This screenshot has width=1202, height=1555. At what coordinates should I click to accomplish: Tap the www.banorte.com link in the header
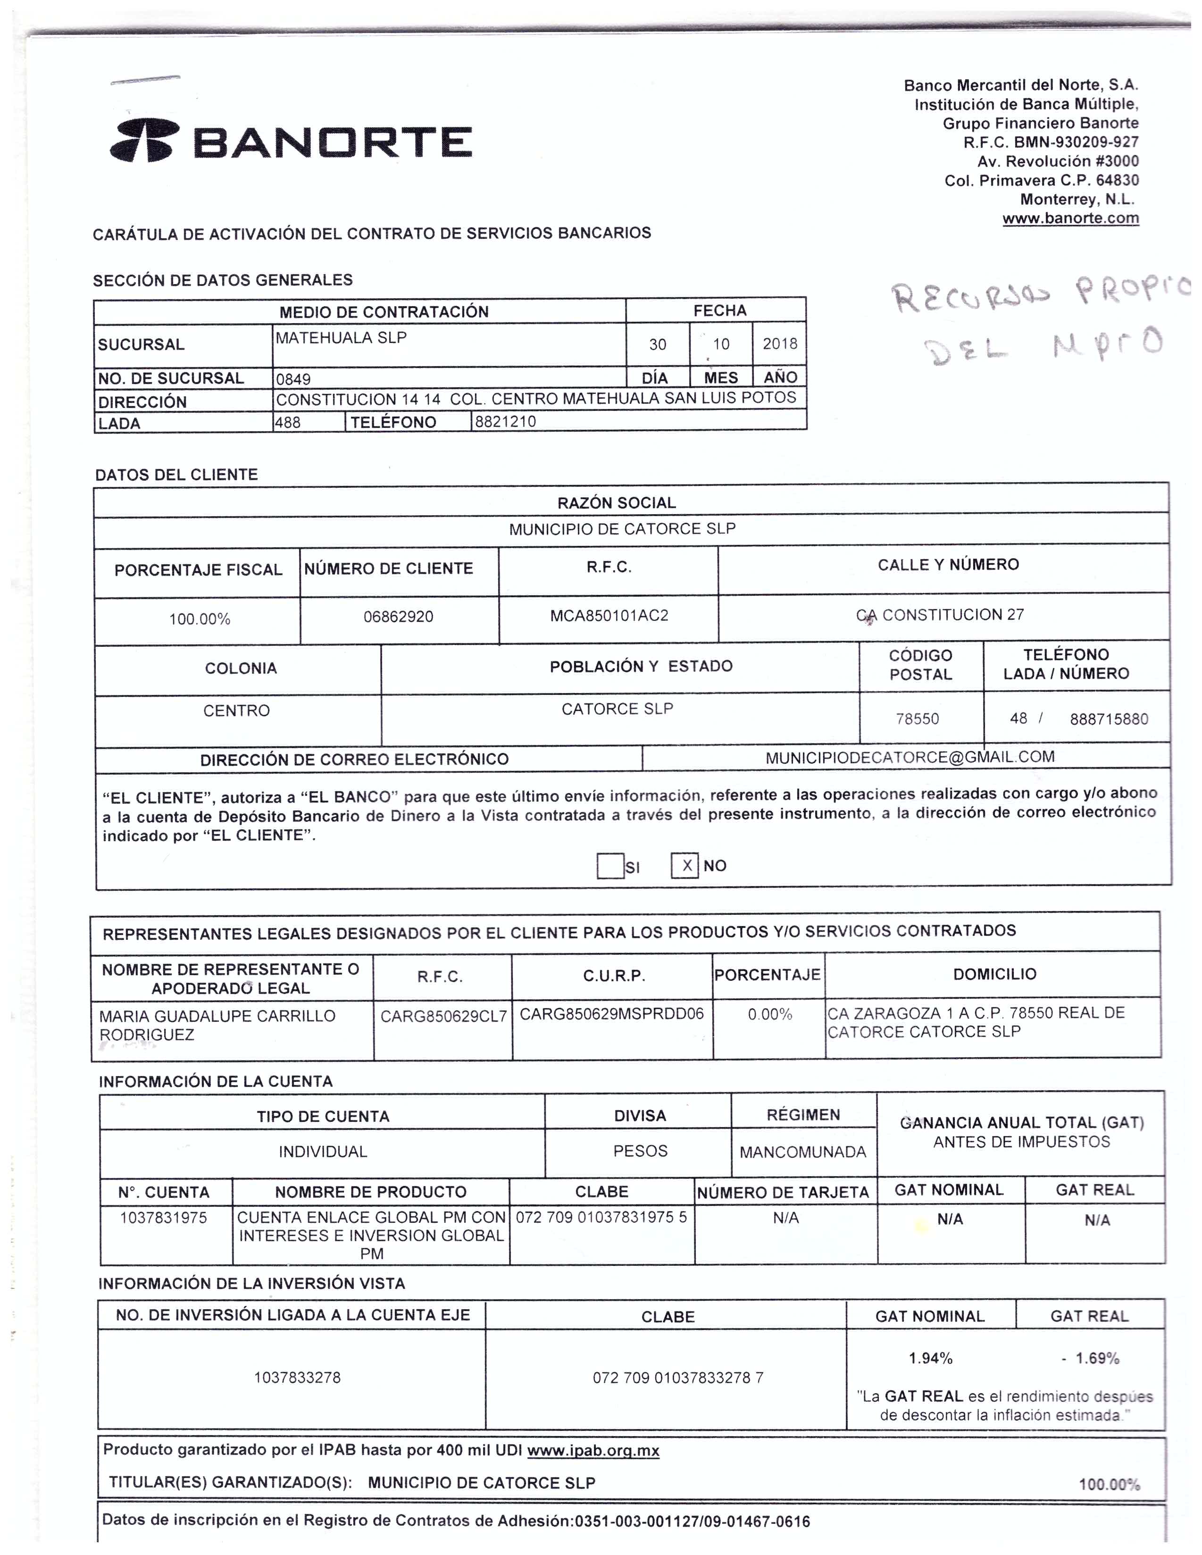[1070, 218]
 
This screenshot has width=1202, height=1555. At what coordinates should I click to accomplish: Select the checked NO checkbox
[685, 866]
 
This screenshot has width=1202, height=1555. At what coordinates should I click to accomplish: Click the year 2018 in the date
[780, 344]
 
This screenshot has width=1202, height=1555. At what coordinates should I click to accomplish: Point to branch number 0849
[293, 379]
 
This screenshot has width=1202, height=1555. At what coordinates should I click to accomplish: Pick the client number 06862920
[398, 617]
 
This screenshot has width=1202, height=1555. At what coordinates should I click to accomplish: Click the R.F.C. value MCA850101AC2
[609, 616]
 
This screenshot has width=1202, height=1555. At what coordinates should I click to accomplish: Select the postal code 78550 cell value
[917, 719]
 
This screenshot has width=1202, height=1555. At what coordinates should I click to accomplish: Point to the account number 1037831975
[163, 1218]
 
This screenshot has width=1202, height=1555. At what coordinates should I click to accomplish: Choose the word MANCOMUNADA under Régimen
[802, 1152]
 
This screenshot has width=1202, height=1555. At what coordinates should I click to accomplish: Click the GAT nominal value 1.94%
[930, 1358]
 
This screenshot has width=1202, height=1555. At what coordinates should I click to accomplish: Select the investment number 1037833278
[297, 1378]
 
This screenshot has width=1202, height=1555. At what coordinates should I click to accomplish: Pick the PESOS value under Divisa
[640, 1151]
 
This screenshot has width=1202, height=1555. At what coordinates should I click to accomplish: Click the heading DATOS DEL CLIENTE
[176, 475]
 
